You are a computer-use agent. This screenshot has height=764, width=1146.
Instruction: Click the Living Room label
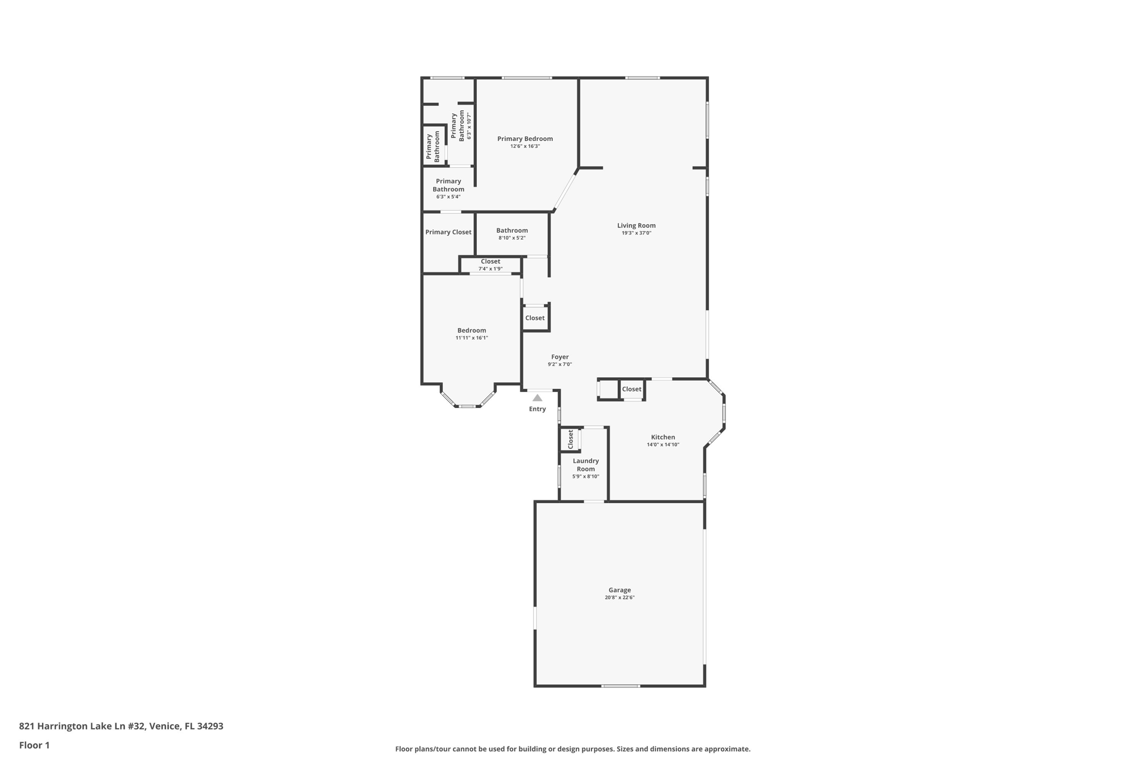pos(636,226)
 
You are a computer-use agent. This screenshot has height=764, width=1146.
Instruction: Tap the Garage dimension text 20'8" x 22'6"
pos(619,597)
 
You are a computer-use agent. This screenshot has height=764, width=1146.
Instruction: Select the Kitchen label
pos(663,437)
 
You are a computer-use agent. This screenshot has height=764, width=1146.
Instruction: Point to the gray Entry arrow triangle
pos(537,398)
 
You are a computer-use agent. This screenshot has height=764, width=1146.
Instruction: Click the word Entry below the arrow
pos(537,409)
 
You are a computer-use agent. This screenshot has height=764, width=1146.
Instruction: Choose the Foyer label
pos(560,357)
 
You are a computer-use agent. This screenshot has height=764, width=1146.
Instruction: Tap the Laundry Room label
pos(585,465)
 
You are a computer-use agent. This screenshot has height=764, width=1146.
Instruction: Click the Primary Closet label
pos(448,232)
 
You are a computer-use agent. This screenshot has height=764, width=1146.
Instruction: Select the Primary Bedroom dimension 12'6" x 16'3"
pos(525,146)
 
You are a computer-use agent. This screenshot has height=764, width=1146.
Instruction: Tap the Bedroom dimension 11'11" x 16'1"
pos(472,338)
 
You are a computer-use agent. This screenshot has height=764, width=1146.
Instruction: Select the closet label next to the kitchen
pos(632,389)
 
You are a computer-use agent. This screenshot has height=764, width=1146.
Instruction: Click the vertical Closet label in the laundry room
pos(571,439)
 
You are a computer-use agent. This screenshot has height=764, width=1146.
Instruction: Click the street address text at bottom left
pos(121,726)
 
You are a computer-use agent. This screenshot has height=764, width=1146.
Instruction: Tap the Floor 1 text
pos(34,745)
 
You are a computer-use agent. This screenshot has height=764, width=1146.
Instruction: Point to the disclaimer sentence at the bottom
pos(572,749)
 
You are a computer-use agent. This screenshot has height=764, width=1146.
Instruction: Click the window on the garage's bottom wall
pos(620,686)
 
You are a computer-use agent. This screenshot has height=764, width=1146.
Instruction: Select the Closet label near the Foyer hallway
pos(534,318)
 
